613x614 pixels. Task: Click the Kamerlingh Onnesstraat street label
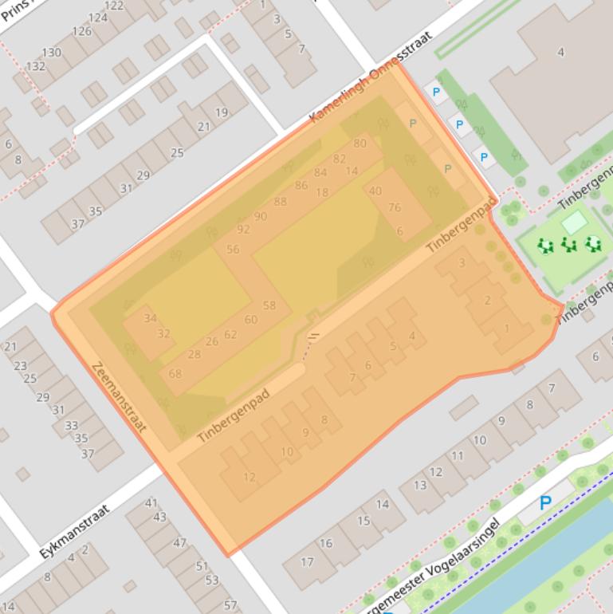(371, 77)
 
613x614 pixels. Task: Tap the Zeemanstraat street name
(120, 397)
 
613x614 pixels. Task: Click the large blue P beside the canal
(545, 503)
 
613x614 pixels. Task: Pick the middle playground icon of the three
(568, 245)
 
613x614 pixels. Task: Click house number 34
(150, 318)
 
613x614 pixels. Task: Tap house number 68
(175, 373)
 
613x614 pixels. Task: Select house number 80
(360, 144)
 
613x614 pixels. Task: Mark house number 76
(395, 207)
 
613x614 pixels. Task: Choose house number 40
(375, 191)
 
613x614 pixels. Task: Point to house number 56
(233, 249)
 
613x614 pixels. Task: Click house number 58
(269, 305)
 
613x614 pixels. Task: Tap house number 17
(308, 562)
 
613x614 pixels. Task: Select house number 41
(151, 503)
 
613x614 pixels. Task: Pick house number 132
(35, 66)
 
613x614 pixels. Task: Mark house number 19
(221, 112)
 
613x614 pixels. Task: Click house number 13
(420, 485)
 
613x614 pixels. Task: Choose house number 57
(230, 605)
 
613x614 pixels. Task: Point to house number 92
(243, 230)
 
